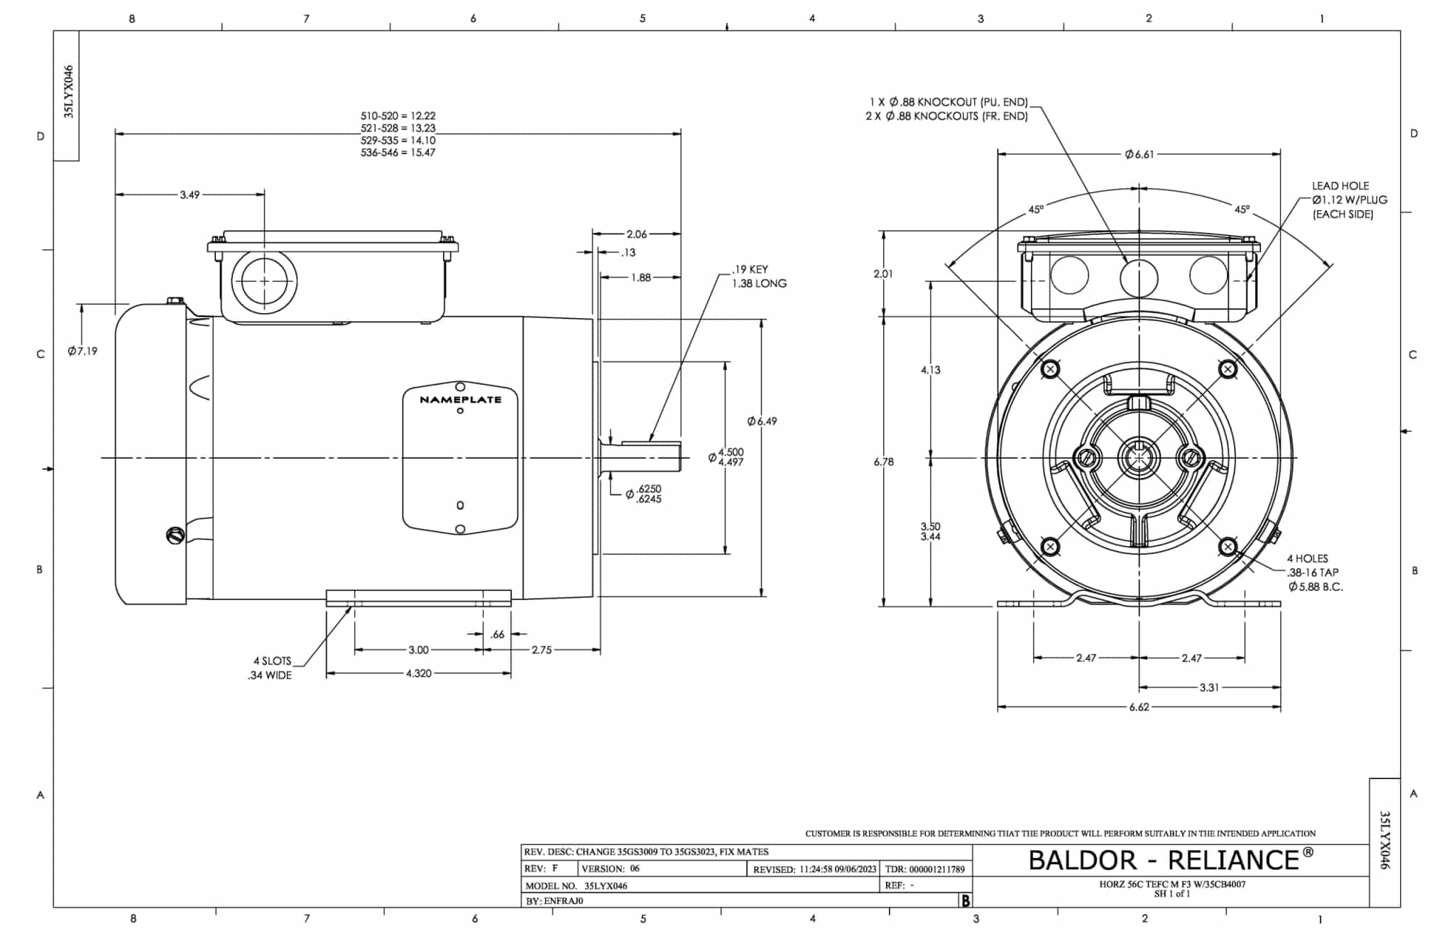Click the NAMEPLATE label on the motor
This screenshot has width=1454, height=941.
[460, 400]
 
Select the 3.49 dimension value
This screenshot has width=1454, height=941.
[190, 195]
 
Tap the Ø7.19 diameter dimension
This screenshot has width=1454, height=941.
[83, 351]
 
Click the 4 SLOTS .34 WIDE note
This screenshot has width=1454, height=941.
[270, 668]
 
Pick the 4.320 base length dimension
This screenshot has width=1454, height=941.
[418, 673]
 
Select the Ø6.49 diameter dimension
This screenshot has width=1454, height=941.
[762, 421]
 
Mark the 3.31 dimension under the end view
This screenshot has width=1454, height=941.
[1209, 687]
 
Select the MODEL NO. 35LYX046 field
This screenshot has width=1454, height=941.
[576, 886]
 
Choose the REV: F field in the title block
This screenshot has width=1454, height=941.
[541, 869]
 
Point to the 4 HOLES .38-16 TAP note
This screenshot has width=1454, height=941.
[1314, 572]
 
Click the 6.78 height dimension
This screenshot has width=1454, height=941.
[883, 462]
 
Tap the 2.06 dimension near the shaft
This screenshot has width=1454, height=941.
[636, 234]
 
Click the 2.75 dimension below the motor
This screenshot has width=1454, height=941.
[541, 650]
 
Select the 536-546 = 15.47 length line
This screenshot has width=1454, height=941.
[398, 153]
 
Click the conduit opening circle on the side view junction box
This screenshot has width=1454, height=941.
[264, 281]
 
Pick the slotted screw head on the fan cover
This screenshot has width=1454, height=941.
[174, 535]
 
